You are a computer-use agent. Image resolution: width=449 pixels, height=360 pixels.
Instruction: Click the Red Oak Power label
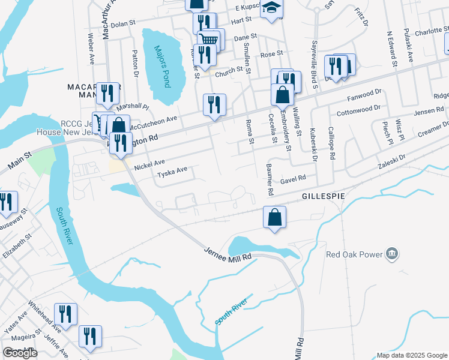click(x=354, y=254)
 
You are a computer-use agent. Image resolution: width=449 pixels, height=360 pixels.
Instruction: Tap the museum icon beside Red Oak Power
click(x=391, y=254)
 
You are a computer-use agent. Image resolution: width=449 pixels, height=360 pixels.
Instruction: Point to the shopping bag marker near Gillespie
click(x=274, y=218)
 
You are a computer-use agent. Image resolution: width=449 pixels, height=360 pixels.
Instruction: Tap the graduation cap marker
click(x=271, y=8)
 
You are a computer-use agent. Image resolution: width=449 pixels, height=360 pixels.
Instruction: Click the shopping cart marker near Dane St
click(x=208, y=39)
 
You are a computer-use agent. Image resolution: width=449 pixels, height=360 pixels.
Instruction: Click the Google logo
click(x=20, y=353)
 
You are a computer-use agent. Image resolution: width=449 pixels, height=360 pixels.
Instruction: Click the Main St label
click(x=22, y=160)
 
